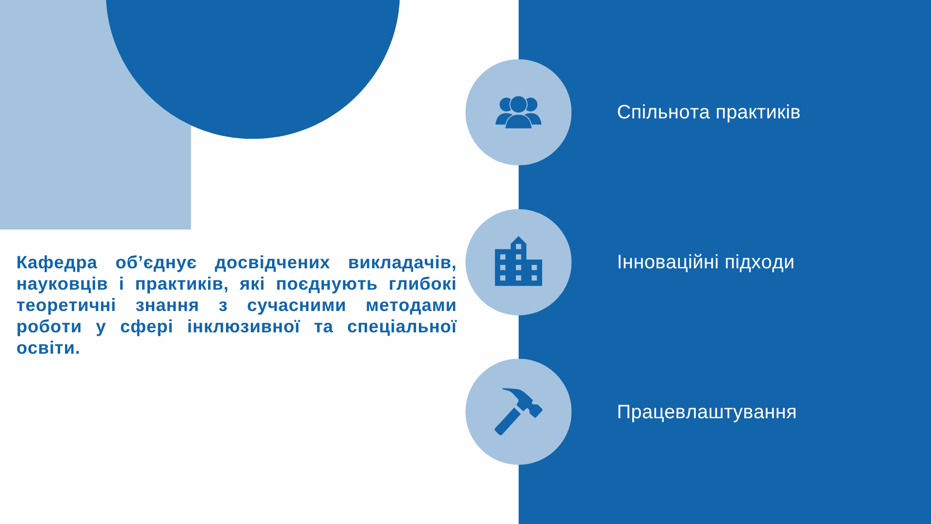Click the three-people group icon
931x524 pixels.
pyautogui.click(x=518, y=112)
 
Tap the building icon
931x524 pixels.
pyautogui.click(x=518, y=261)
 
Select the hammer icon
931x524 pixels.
pyautogui.click(x=518, y=411)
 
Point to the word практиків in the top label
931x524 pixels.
pyautogui.click(x=758, y=113)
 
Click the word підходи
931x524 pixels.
pyautogui.click(x=759, y=262)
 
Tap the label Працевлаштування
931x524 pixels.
pyautogui.click(x=706, y=412)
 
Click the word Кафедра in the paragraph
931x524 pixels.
pyautogui.click(x=57, y=262)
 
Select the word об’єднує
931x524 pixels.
pyautogui.click(x=156, y=262)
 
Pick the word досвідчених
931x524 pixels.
pyautogui.click(x=272, y=262)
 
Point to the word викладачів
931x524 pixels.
pyautogui.click(x=402, y=262)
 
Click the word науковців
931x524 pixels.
pyautogui.click(x=62, y=284)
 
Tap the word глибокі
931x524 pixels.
pyautogui.click(x=422, y=284)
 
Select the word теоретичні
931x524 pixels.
pyautogui.click(x=66, y=306)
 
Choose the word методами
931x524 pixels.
pyautogui.click(x=411, y=306)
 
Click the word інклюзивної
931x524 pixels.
pyautogui.click(x=243, y=327)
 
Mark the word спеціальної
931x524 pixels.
pyautogui.click(x=402, y=327)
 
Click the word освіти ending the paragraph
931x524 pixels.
pyautogui.click(x=48, y=348)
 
